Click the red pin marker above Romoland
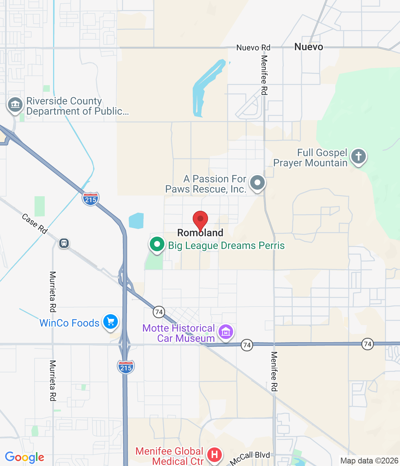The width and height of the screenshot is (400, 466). pos(200,220)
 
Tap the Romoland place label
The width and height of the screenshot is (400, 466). pos(200,233)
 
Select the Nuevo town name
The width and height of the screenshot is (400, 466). pos(309,47)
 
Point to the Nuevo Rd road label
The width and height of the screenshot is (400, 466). pos(253,48)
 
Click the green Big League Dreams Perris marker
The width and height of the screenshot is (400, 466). pos(157,244)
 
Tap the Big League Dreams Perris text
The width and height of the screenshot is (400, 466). pos(226,246)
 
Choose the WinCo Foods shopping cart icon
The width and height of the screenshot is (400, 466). pos(111,322)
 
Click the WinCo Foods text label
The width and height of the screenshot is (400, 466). pos(69,323)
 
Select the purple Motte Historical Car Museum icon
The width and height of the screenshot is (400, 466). pos(226,332)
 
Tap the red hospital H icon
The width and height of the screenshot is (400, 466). pos(215,455)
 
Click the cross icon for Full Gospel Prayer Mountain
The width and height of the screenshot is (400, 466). pos(359,157)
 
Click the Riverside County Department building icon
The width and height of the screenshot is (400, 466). pos(15,105)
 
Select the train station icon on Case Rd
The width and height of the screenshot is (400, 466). pos(64,243)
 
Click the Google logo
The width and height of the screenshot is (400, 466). pos(25,457)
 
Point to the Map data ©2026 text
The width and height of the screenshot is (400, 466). pos(369,461)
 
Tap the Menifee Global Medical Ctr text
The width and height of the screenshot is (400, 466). pos(169,456)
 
